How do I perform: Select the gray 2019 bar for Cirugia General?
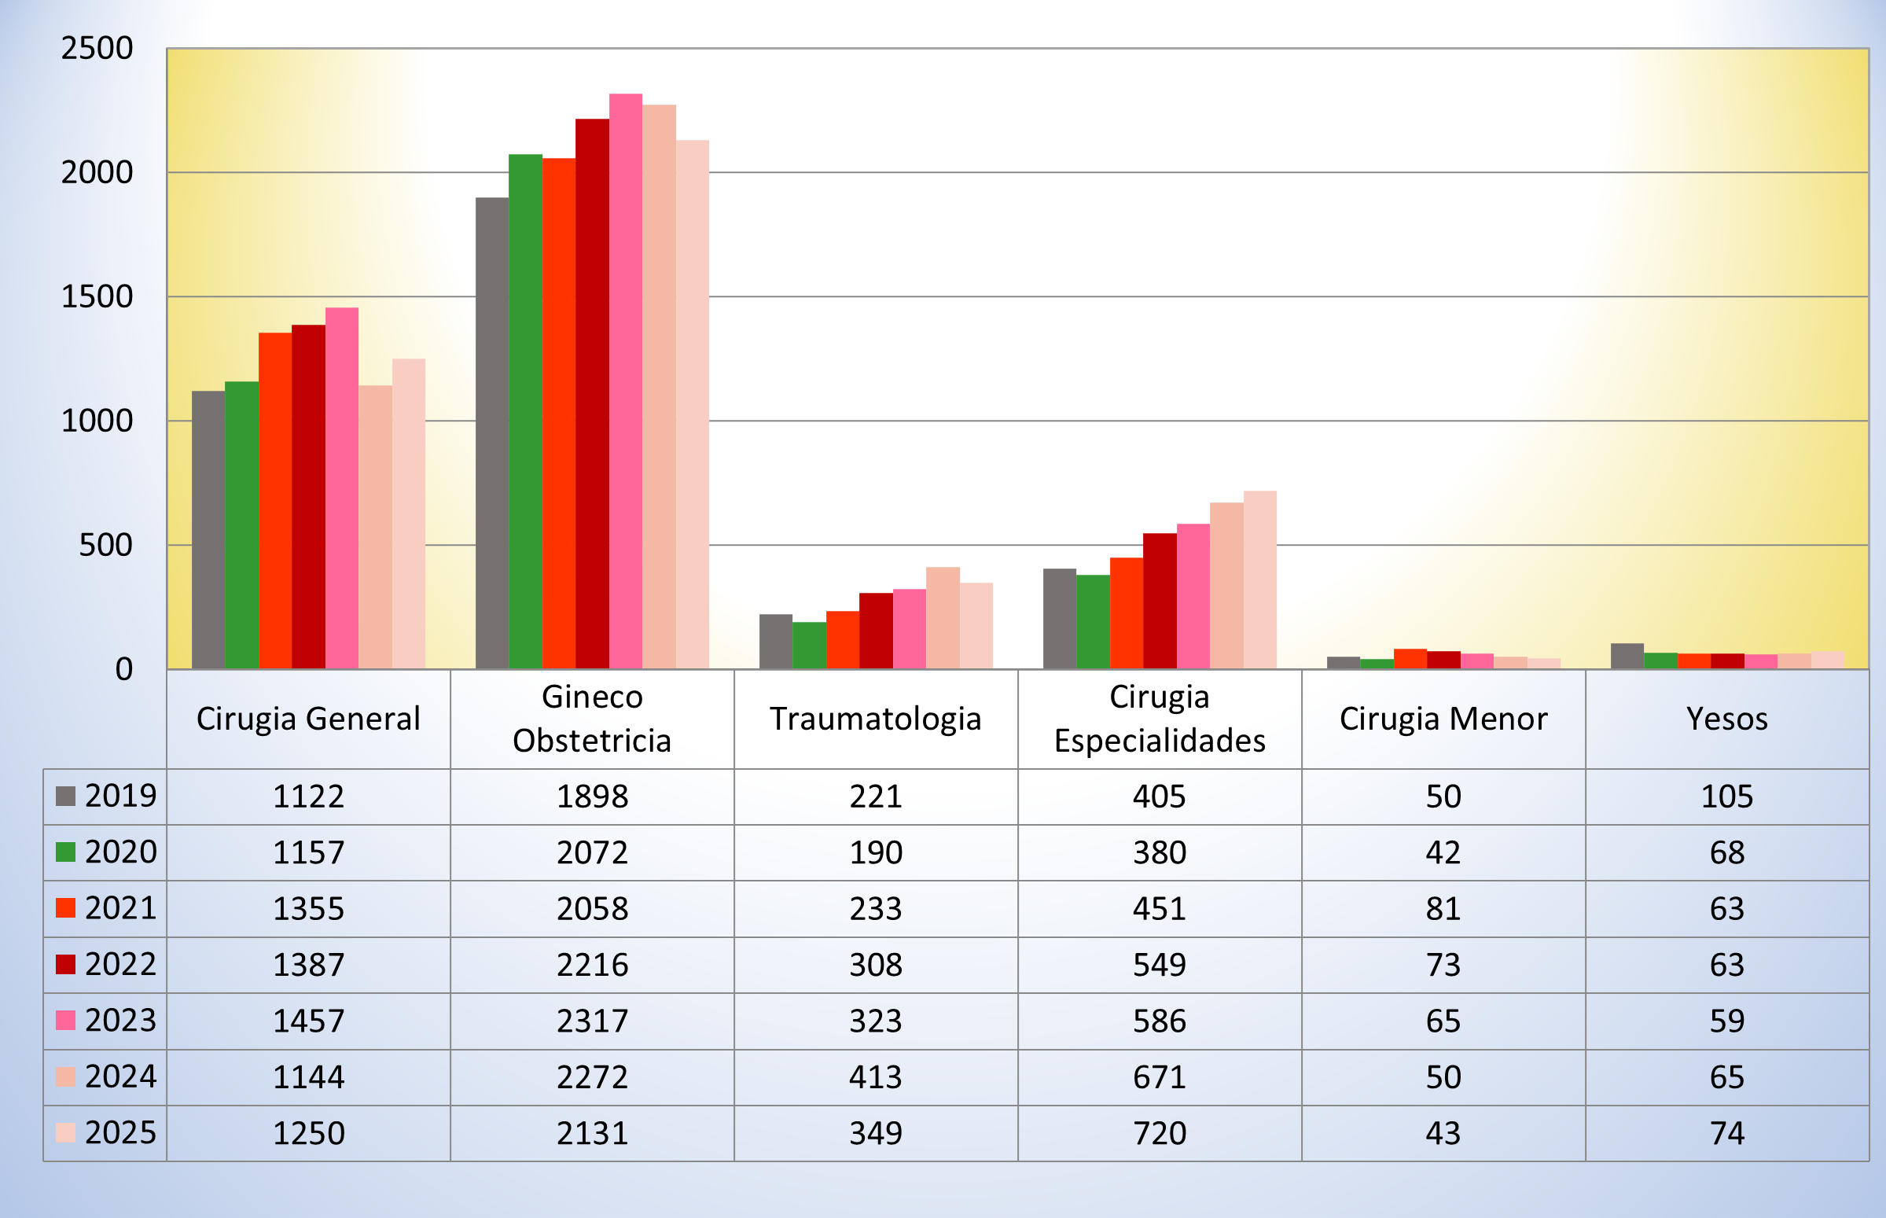coord(208,530)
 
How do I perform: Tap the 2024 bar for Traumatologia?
coord(943,618)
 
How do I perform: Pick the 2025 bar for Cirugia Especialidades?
coord(1259,580)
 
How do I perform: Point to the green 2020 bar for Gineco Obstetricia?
coord(525,411)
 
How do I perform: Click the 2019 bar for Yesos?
coord(1627,657)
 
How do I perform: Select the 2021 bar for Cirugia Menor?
coord(1410,659)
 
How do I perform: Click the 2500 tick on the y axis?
coord(97,49)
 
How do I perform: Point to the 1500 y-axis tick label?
coord(97,297)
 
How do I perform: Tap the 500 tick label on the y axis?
coord(105,546)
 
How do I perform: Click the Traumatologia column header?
coord(875,719)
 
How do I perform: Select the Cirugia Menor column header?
coord(1443,719)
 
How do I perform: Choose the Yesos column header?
coord(1727,719)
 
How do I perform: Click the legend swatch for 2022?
coord(65,964)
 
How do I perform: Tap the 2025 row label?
coord(120,1132)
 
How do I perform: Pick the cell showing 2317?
coord(592,1021)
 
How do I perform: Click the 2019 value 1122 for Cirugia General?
coord(308,797)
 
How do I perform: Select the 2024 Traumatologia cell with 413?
coord(875,1077)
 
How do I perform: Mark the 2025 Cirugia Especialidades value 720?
coord(1160,1133)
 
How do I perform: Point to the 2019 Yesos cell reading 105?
coord(1727,797)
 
